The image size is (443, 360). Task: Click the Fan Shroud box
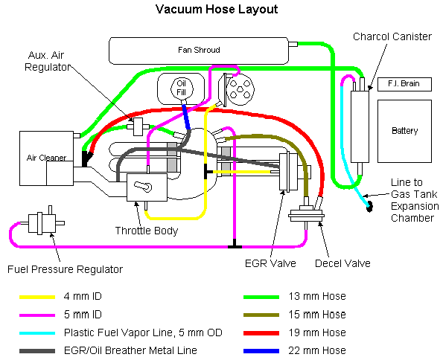click(199, 51)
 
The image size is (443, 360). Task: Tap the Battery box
click(404, 132)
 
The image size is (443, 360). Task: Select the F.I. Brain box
click(404, 84)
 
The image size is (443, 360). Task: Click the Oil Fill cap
click(182, 88)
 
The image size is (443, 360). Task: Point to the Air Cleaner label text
click(46, 158)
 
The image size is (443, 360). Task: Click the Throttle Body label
click(147, 231)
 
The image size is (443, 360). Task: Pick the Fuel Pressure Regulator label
click(65, 269)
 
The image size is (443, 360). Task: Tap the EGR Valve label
click(270, 263)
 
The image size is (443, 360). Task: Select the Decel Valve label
click(342, 263)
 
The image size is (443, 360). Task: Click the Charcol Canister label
click(392, 36)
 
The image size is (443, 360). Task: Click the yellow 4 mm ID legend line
click(37, 297)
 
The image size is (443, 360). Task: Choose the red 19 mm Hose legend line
click(261, 333)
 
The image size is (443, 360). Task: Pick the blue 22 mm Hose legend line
click(261, 351)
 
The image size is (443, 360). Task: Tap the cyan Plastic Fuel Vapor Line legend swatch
click(37, 333)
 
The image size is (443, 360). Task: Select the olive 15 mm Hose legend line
click(261, 315)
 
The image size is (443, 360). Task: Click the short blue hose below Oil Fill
click(186, 118)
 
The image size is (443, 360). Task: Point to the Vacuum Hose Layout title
click(217, 10)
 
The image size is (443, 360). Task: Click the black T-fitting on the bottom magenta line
click(235, 245)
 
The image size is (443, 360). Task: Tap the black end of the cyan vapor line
click(369, 207)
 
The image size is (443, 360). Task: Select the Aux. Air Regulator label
click(47, 61)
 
